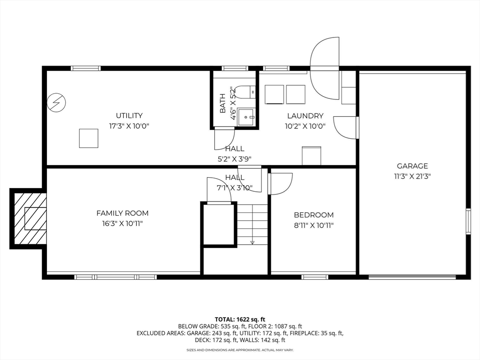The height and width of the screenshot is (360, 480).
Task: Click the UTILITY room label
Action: pos(129,116)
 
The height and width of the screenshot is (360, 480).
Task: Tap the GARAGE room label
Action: pos(412,166)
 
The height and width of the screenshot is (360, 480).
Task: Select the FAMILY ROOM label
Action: pos(122,213)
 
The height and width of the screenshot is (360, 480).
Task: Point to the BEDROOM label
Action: pos(314,215)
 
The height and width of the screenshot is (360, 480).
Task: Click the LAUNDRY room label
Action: pos(305,116)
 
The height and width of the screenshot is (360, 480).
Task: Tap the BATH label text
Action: pos(223,103)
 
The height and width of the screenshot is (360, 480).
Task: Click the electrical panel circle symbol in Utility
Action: pos(57,102)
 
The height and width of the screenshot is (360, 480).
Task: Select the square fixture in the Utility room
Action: pos(89,138)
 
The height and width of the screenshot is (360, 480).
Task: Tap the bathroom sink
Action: pos(246,117)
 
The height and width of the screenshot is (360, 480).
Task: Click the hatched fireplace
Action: pos(29,218)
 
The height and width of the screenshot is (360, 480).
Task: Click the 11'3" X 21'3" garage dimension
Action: pos(412,176)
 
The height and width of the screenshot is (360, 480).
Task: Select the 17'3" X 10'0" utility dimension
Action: pos(129,126)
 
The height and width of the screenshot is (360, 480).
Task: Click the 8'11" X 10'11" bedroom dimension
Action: pos(314,225)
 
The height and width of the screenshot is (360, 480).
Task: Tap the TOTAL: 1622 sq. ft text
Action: pos(240,320)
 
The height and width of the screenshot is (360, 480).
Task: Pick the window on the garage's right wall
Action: pos(468,221)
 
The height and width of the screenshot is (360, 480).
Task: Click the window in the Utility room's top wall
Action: pos(86,68)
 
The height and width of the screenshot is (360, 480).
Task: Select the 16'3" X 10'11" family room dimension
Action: pos(122,224)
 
